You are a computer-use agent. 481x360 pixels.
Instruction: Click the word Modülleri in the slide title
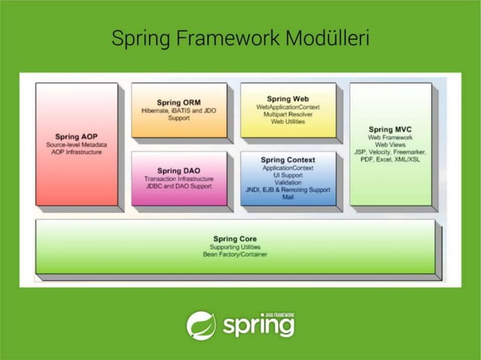[x=327, y=38]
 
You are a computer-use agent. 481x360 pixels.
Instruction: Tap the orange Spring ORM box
[x=179, y=110]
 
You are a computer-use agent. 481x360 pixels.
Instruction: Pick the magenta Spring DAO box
[x=179, y=178]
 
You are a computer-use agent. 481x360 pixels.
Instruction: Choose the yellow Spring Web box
[x=287, y=110]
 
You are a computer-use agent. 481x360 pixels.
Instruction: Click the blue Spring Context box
[x=287, y=178]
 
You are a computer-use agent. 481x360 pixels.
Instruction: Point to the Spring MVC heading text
[x=390, y=130]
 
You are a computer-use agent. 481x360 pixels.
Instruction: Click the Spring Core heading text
[x=234, y=239]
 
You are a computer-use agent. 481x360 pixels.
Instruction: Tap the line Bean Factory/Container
[x=234, y=255]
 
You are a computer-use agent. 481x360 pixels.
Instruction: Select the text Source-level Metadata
[x=76, y=144]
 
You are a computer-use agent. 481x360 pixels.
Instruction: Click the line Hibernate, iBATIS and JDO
[x=179, y=110]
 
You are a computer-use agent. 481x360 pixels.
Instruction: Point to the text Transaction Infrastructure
[x=179, y=178]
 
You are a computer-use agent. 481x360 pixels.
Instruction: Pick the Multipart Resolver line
[x=287, y=114]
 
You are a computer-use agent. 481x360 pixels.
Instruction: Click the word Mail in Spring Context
[x=287, y=197]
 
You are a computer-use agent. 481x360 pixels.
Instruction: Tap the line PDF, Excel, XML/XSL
[x=390, y=159]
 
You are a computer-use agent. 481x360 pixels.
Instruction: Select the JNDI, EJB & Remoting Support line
[x=287, y=190]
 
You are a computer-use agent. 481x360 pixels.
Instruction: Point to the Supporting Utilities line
[x=234, y=247]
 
